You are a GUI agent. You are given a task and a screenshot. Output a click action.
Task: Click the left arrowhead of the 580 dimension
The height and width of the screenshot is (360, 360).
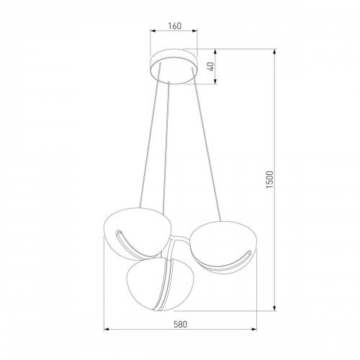pyautogui.click(x=109, y=330)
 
